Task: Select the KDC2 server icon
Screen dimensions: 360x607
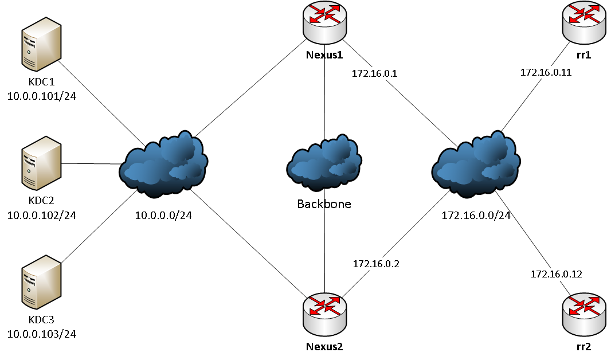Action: click(41, 163)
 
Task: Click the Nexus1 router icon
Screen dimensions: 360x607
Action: click(324, 23)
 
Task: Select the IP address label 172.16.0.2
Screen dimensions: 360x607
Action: click(376, 264)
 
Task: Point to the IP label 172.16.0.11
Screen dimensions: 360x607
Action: click(546, 73)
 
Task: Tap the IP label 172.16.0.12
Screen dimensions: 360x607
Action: click(557, 274)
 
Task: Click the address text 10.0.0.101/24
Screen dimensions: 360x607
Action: click(41, 96)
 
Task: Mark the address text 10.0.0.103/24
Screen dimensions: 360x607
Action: click(41, 334)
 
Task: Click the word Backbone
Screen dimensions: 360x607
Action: click(324, 204)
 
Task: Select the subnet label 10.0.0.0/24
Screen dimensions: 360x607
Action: click(163, 216)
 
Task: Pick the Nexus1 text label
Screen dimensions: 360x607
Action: click(324, 55)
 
